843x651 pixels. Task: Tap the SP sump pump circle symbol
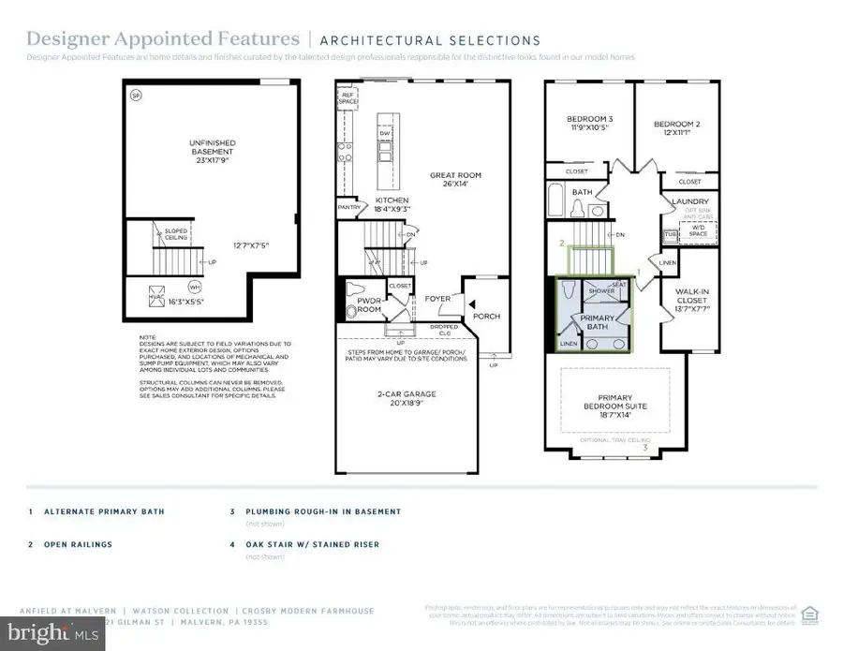click(x=136, y=96)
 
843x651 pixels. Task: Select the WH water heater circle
click(x=195, y=286)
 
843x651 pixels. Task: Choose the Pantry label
click(x=349, y=207)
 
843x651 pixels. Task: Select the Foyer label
click(x=437, y=300)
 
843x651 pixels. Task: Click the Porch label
click(x=487, y=317)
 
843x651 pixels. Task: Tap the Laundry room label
click(x=690, y=201)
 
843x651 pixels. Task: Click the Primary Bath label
click(x=597, y=323)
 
